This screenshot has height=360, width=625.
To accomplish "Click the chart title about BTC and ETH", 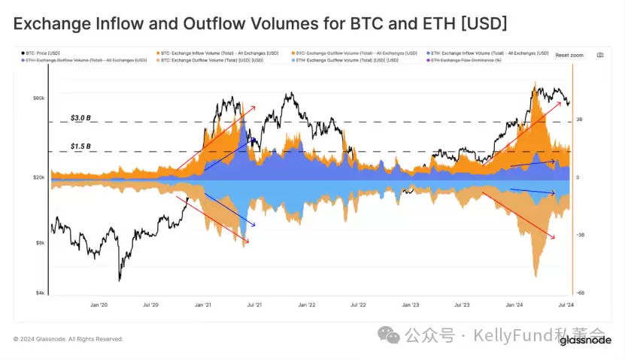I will pyautogui.click(x=259, y=24).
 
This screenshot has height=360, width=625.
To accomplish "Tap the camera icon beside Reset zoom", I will pyautogui.click(x=599, y=55).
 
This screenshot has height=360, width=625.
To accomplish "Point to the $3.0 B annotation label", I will pyautogui.click(x=80, y=118).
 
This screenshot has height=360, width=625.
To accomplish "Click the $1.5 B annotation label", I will pyautogui.click(x=80, y=146).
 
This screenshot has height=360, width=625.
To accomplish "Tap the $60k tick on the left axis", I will pyautogui.click(x=39, y=98).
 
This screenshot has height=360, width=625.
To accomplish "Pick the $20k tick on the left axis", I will pyautogui.click(x=39, y=177).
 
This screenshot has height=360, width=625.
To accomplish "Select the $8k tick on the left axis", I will pyautogui.click(x=41, y=243).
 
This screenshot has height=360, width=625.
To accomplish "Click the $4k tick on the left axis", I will pyautogui.click(x=41, y=293).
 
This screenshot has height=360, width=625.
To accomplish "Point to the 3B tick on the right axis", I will pyautogui.click(x=580, y=119).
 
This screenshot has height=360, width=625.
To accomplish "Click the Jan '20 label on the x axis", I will pyautogui.click(x=99, y=305).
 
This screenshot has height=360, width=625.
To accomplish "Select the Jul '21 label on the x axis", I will pyautogui.click(x=253, y=305).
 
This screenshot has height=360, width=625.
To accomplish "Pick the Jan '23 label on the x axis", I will pyautogui.click(x=410, y=305).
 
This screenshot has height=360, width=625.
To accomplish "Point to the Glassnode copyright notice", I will pyautogui.click(x=68, y=339).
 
